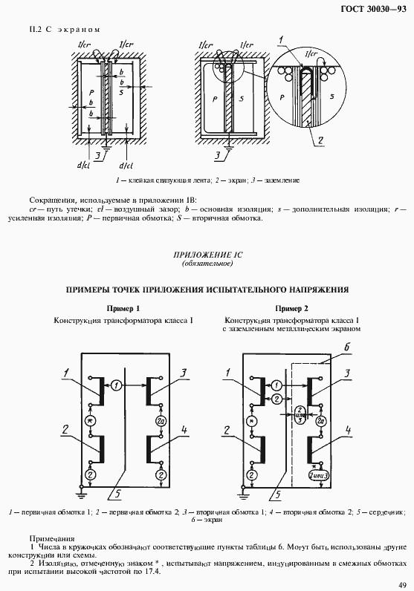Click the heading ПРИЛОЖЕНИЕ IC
pyautogui.click(x=207, y=256)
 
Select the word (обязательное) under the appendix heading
pyautogui.click(x=207, y=264)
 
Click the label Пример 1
pyautogui.click(x=123, y=308)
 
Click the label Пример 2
pyautogui.click(x=291, y=308)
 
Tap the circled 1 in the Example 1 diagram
pyautogui.click(x=117, y=385)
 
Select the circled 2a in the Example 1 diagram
pyautogui.click(x=160, y=422)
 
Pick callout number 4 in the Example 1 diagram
pyautogui.click(x=184, y=430)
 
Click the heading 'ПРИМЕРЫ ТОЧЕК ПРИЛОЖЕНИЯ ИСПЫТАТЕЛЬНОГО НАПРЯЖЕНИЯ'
pyautogui.click(x=207, y=290)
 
